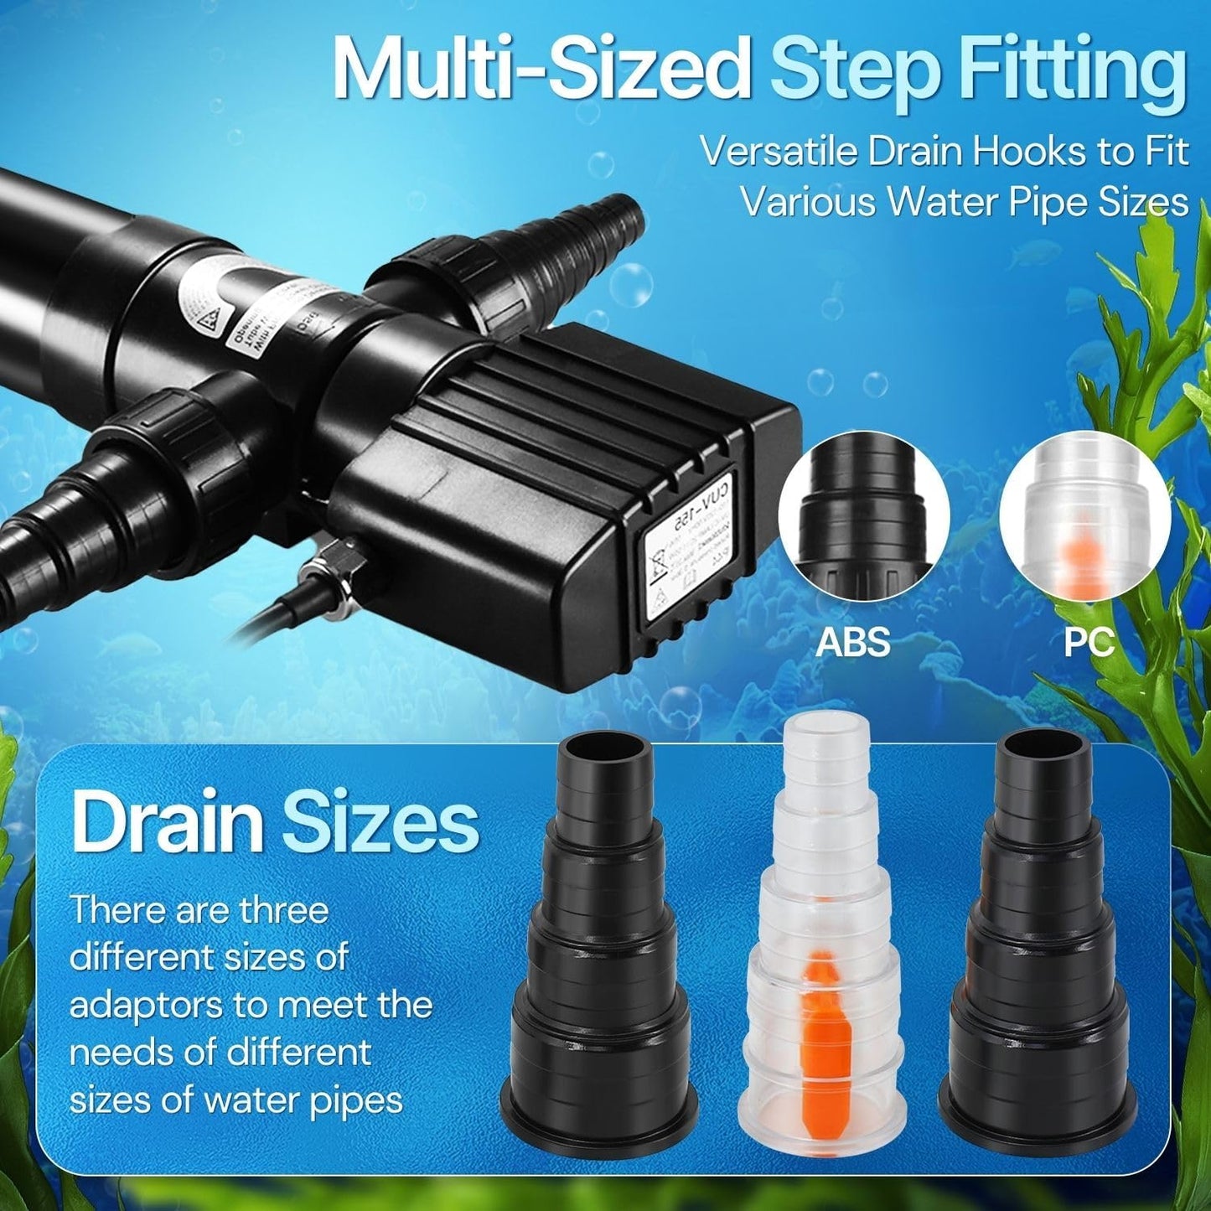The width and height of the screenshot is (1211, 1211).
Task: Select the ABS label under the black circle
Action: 853,643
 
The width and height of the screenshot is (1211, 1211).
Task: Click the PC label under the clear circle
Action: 1089,643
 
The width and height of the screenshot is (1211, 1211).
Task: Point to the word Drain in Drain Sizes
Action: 167,825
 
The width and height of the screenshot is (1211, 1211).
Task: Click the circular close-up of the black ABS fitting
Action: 863,526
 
